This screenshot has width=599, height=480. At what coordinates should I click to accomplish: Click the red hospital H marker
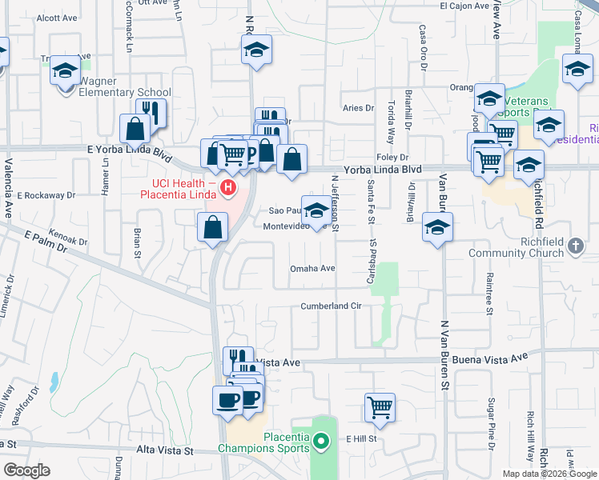pos(229,189)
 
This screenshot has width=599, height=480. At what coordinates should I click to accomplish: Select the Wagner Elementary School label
pos(126,92)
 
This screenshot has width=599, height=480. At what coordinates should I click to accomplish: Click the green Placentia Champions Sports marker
pos(320,441)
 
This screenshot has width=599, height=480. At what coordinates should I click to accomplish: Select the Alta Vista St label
pos(167,451)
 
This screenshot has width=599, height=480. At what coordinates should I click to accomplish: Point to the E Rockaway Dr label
pos(46,194)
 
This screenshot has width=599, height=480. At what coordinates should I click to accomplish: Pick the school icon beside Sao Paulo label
pos(316,210)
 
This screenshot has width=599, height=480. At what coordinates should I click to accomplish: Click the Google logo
pos(26,470)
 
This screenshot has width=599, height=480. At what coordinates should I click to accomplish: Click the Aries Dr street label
pos(358,108)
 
